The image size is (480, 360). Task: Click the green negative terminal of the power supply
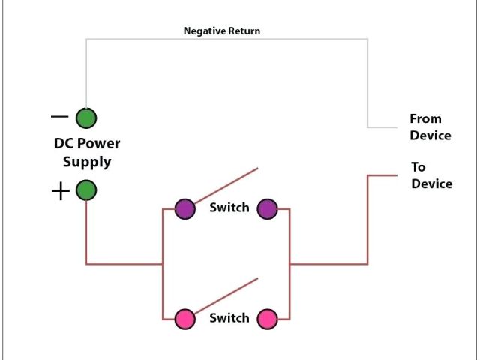pos(86,118)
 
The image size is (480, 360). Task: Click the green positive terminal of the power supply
pos(86,190)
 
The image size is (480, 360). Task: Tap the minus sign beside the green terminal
pos(59,117)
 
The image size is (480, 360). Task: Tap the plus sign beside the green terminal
pos(61,191)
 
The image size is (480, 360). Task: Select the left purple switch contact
pos(185,209)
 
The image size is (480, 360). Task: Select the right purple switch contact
pos(267,209)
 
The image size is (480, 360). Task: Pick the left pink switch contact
pos(185,319)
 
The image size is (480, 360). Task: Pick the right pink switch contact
pos(267,319)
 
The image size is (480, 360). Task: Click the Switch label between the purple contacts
pos(229,208)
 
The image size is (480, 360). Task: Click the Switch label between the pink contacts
pos(229,318)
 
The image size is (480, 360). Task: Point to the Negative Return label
pos(222,31)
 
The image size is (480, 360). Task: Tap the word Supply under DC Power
pos(87,162)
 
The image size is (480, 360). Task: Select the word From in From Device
pos(425,118)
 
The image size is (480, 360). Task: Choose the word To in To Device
pos(418,167)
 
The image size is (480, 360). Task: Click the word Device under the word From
pos(430,136)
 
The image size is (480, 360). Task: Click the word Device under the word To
pos(432,184)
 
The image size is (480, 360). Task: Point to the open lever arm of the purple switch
pos(226,185)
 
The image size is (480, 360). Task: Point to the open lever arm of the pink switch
pos(226,295)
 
